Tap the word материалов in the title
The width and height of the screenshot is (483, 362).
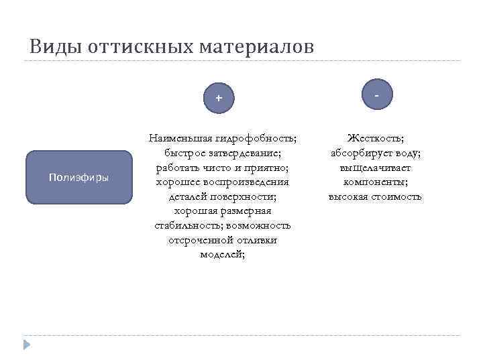[256, 47]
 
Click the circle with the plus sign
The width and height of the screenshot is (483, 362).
[218, 99]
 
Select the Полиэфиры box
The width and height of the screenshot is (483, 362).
[79, 177]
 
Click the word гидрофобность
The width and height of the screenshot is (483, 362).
[256, 138]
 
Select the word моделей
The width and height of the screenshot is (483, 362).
[222, 255]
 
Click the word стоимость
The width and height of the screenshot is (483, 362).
[398, 196]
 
